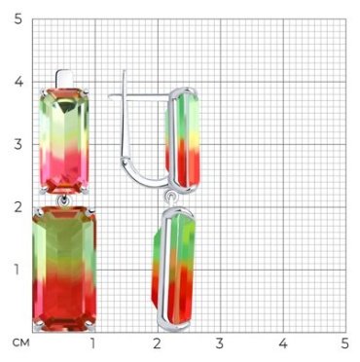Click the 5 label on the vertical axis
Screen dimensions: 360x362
(x=18, y=19)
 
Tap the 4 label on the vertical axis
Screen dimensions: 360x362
(x=18, y=82)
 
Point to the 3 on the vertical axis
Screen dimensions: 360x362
(x=18, y=144)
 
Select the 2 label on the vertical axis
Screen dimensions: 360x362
(x=18, y=206)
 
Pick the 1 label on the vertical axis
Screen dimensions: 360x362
(x=18, y=270)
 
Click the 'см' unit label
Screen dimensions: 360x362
(x=21, y=343)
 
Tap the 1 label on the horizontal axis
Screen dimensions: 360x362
(x=93, y=344)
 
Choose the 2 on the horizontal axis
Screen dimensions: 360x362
(x=157, y=344)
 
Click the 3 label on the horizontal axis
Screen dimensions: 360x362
(x=220, y=344)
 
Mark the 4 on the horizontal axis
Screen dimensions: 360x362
(x=283, y=344)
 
